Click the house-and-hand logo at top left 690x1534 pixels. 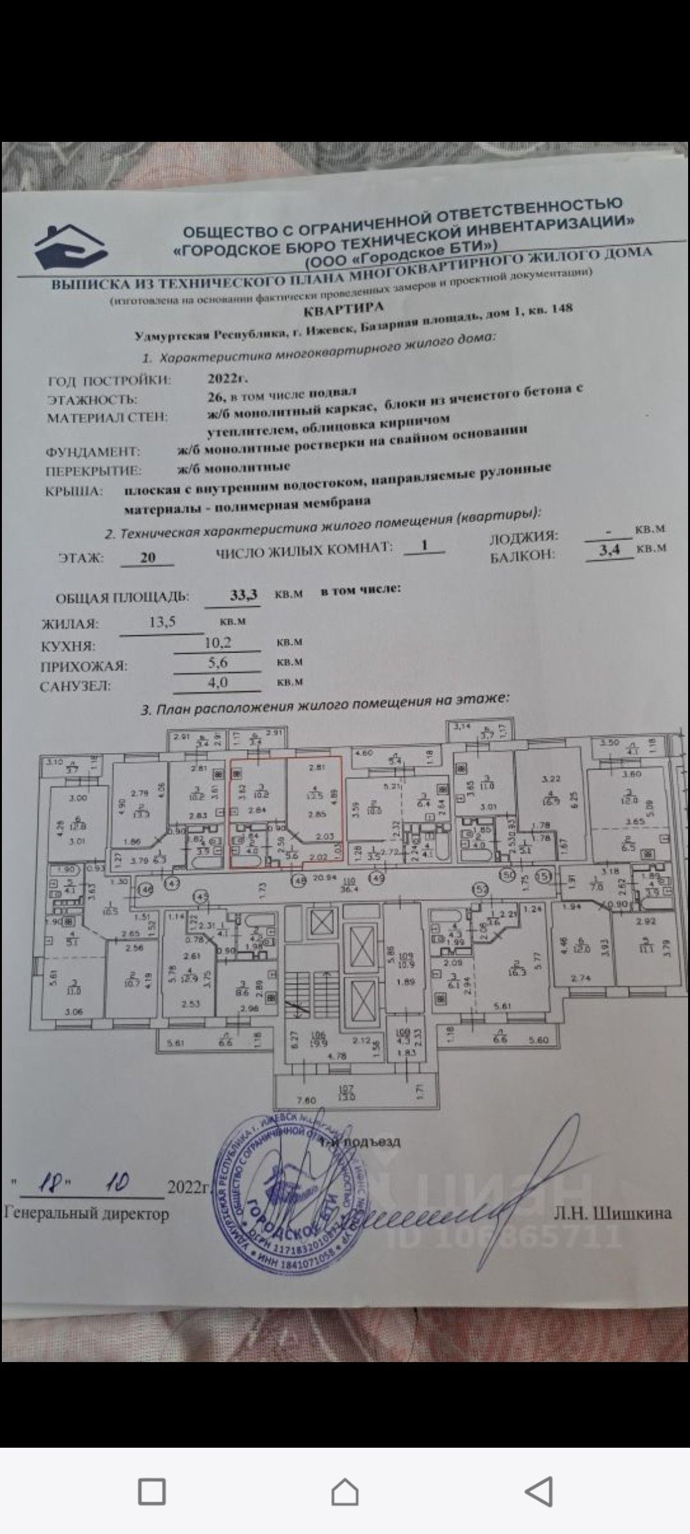(x=70, y=248)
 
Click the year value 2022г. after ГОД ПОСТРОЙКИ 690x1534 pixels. (x=223, y=377)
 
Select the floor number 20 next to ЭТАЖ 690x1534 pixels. (x=148, y=557)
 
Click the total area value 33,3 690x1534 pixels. (x=243, y=595)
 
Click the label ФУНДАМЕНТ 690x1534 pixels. (x=93, y=451)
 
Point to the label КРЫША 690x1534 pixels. (x=74, y=492)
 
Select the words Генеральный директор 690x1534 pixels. (x=87, y=1213)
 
